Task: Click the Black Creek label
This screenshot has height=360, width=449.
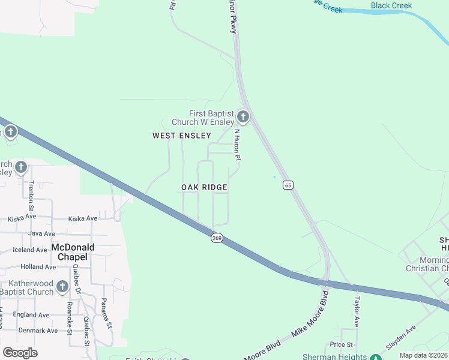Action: pyautogui.click(x=391, y=6)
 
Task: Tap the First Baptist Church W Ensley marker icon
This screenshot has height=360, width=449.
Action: pyautogui.click(x=243, y=116)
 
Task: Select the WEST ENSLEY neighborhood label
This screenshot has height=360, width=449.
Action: pyautogui.click(x=181, y=136)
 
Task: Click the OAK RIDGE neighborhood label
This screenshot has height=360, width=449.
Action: pyautogui.click(x=204, y=187)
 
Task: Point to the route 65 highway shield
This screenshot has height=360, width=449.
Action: pyautogui.click(x=289, y=185)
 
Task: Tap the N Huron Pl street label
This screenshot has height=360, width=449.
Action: pyautogui.click(x=237, y=145)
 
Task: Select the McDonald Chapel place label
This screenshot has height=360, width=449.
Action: pyautogui.click(x=69, y=251)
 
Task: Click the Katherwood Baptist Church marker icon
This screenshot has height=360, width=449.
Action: pyautogui.click(x=62, y=288)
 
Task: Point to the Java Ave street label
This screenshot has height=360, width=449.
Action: pyautogui.click(x=41, y=233)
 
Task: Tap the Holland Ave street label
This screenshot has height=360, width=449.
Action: pyautogui.click(x=38, y=266)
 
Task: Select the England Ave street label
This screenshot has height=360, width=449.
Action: pyautogui.click(x=31, y=314)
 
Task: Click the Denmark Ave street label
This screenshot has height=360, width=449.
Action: pyautogui.click(x=38, y=331)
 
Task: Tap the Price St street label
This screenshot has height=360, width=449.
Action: pyautogui.click(x=341, y=344)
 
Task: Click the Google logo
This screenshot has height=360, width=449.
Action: pyautogui.click(x=20, y=352)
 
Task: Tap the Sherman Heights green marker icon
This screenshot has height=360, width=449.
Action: pyautogui.click(x=375, y=358)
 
